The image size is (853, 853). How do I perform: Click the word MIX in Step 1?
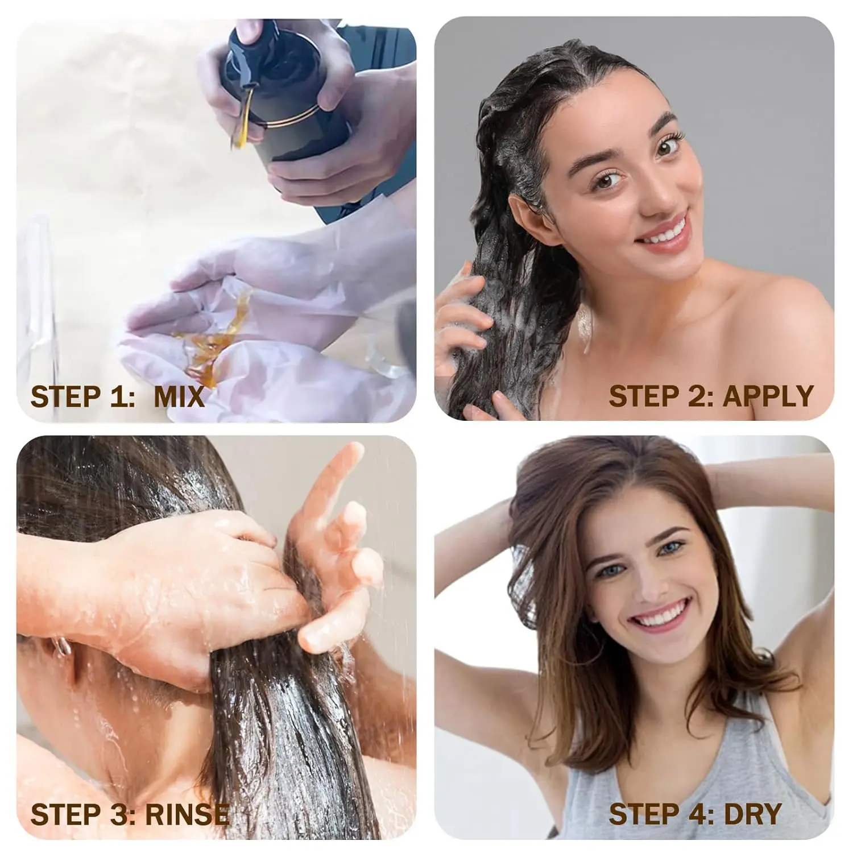(x=179, y=396)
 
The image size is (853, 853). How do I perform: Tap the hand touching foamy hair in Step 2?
(x=463, y=318)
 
